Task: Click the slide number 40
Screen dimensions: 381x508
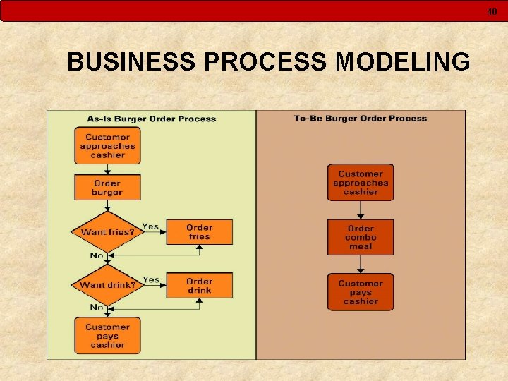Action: (492, 11)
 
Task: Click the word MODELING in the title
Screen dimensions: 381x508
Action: (403, 62)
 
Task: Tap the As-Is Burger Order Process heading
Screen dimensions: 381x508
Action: (151, 119)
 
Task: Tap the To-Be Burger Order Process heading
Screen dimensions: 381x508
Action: (361, 118)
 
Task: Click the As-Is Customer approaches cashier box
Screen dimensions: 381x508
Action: (107, 145)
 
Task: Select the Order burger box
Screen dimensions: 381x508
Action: (107, 188)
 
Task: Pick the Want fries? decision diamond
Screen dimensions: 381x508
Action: (107, 231)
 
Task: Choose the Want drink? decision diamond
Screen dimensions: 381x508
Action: (107, 285)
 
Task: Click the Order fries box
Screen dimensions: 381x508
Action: (200, 232)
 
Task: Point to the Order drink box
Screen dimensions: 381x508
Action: (200, 285)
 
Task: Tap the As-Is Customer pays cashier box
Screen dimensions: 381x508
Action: (107, 336)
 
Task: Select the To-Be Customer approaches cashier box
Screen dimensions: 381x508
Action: (361, 183)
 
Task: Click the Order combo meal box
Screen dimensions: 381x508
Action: (361, 237)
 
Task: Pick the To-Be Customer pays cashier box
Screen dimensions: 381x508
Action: (361, 292)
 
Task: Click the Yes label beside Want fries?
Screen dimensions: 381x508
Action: (150, 226)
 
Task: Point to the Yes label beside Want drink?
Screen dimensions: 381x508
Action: (150, 279)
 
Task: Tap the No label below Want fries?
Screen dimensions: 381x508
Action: (97, 255)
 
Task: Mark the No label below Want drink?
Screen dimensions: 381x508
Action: (97, 308)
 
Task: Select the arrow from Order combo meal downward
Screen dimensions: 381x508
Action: (361, 264)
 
